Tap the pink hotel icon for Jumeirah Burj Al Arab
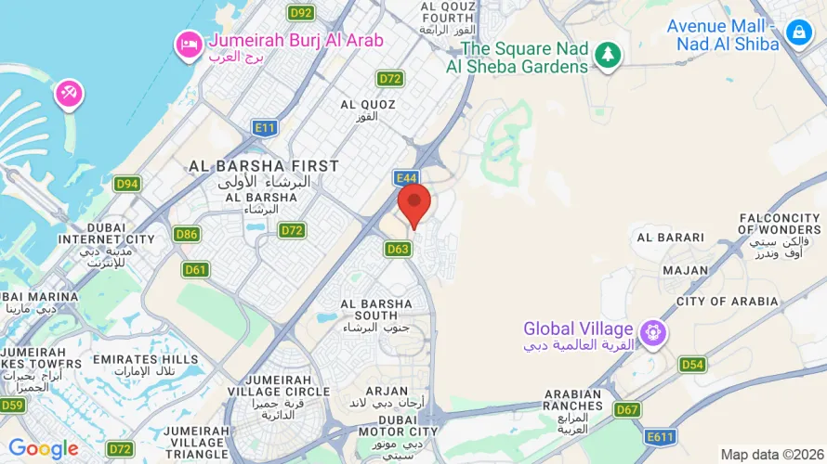(190, 43)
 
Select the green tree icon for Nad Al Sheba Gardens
(608, 54)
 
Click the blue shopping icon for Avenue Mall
(798, 34)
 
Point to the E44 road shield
(405, 177)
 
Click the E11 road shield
(265, 128)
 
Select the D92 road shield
(300, 13)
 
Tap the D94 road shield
(127, 184)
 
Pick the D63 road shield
(398, 249)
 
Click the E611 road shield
(662, 436)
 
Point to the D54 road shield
(692, 365)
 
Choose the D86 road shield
(186, 234)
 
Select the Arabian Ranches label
(573, 400)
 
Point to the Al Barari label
(671, 238)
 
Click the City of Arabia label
(728, 302)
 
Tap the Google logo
(44, 450)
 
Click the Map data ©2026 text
(770, 454)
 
